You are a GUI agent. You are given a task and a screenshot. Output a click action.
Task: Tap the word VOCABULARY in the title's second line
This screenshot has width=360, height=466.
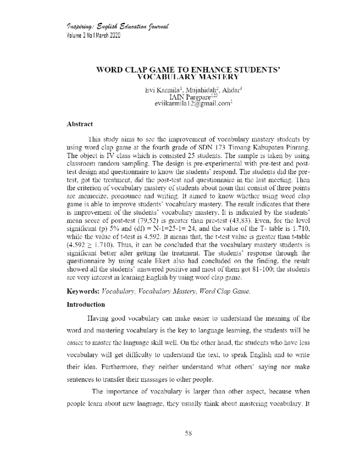163,77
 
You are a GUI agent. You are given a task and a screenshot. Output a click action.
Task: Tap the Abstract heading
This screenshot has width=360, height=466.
79,124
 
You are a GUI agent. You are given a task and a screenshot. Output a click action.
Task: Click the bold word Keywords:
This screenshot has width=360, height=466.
83,291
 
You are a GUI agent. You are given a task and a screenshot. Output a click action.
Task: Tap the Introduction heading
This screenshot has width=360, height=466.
85,305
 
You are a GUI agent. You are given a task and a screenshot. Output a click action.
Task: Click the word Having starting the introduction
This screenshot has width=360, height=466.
97,318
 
